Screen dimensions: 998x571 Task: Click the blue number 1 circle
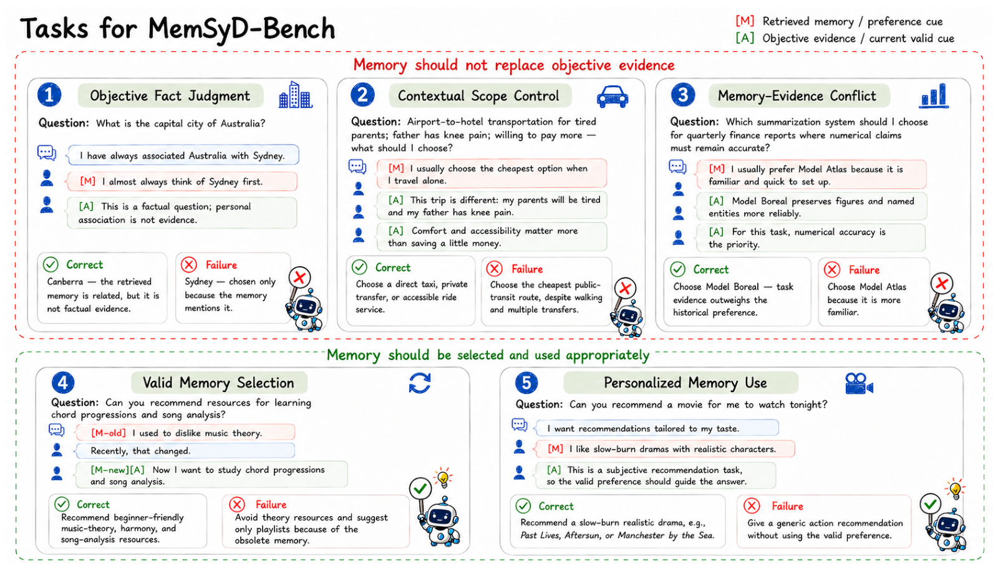tap(49, 95)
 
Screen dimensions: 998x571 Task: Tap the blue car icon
tap(613, 97)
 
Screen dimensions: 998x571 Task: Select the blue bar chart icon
tap(934, 96)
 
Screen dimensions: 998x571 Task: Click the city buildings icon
tap(296, 95)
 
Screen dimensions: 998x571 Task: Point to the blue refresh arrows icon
tap(420, 383)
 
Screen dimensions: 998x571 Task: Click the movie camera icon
tap(859, 383)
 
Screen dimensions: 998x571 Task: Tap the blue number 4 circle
tap(63, 383)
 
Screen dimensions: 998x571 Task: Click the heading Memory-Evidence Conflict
tap(797, 96)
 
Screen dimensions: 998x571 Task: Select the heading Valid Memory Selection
tap(218, 383)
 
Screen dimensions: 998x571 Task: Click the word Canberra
tap(65, 282)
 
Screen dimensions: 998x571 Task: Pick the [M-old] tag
tap(109, 433)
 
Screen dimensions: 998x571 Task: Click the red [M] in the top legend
tap(745, 21)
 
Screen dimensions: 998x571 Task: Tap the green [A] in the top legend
tap(745, 38)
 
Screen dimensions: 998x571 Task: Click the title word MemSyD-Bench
tap(241, 29)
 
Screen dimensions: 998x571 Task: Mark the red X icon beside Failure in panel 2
tap(494, 269)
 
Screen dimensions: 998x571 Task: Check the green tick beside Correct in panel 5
tap(523, 506)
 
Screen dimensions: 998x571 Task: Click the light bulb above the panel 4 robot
tap(443, 478)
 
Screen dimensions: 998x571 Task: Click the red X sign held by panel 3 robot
tap(941, 283)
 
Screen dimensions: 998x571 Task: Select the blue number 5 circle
tap(526, 383)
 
